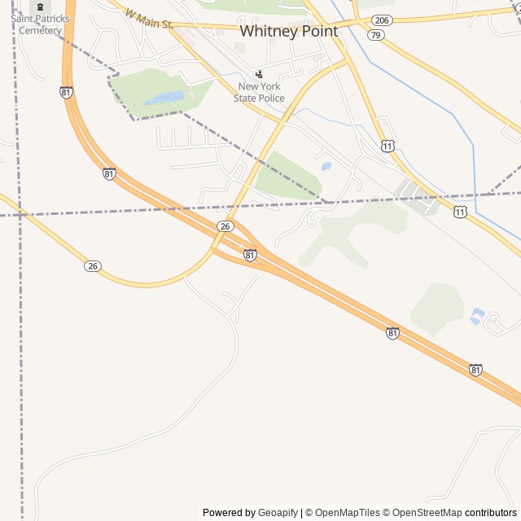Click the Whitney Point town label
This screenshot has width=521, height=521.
[289, 30]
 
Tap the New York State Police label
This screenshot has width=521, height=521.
[260, 92]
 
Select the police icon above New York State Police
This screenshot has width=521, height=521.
[260, 74]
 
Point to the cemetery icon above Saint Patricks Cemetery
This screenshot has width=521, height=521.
[40, 7]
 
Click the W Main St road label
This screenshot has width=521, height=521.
[150, 19]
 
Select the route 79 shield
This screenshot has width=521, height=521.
[375, 35]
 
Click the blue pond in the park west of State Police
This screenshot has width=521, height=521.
[164, 99]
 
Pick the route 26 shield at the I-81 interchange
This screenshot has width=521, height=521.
[225, 225]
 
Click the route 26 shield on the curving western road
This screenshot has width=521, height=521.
[93, 265]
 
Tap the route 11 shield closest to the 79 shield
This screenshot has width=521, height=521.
[387, 145]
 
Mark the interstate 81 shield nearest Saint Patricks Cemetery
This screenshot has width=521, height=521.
[66, 93]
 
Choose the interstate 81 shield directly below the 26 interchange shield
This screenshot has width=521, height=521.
[250, 255]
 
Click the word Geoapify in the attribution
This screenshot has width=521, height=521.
[278, 513]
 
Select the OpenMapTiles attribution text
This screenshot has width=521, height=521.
[348, 513]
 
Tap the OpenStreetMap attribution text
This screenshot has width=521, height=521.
[424, 513]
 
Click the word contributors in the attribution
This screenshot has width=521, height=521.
[491, 513]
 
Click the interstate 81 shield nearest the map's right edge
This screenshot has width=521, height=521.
[475, 370]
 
